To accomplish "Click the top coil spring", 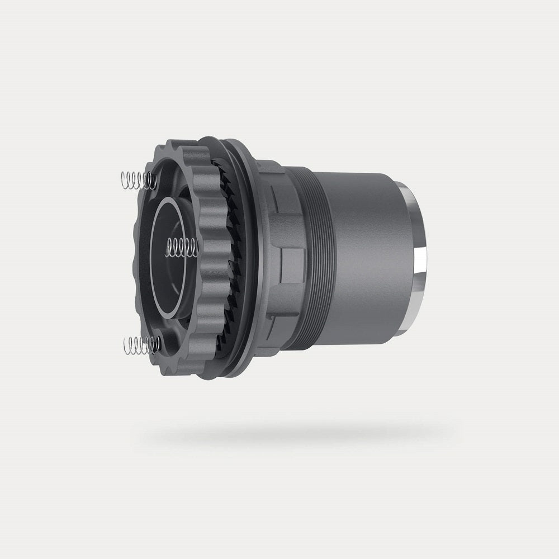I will click(x=137, y=180).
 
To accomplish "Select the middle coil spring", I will click(x=182, y=247).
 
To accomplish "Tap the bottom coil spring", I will click(x=140, y=345).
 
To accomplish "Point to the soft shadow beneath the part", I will click(x=296, y=433).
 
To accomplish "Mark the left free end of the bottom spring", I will click(x=125, y=346).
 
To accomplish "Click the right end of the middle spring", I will click(x=196, y=247).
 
